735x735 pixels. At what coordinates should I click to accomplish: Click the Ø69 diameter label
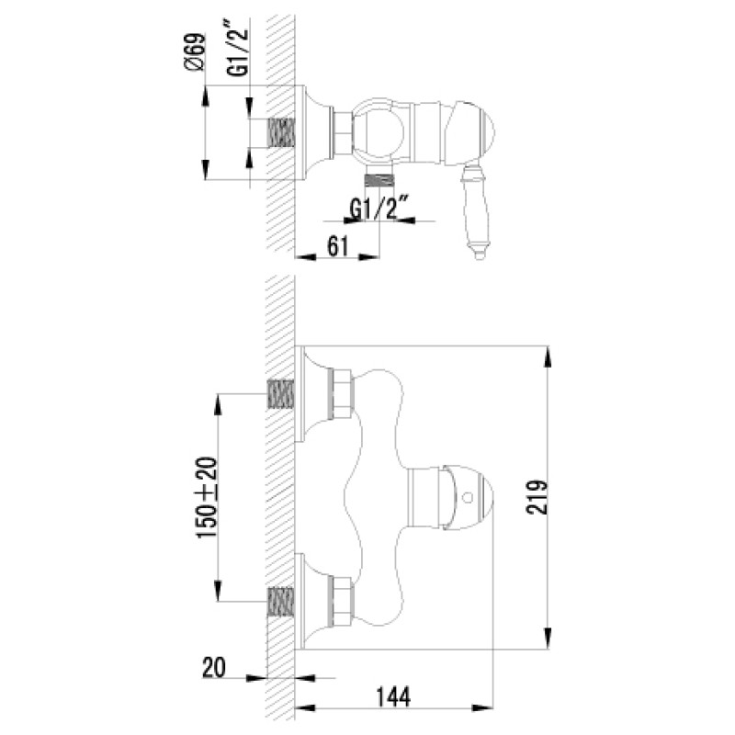click(195, 52)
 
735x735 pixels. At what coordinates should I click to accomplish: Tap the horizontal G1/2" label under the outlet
click(379, 209)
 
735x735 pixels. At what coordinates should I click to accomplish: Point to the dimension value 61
click(338, 246)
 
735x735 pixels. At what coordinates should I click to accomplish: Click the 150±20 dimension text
click(208, 498)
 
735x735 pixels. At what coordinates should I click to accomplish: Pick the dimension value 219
click(537, 497)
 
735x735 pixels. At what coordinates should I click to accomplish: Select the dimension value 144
click(393, 696)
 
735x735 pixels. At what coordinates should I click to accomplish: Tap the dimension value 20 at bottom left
click(214, 667)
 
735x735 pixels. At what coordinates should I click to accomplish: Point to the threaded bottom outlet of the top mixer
click(379, 180)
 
